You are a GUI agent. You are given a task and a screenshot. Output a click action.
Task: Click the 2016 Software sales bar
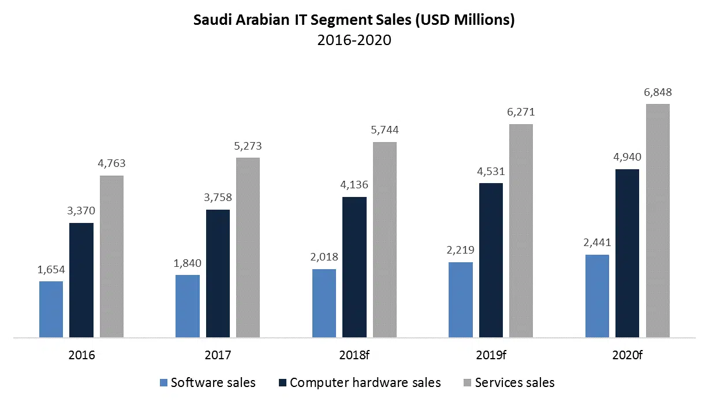click(51, 309)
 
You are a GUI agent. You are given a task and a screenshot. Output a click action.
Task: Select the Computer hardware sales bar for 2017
click(218, 273)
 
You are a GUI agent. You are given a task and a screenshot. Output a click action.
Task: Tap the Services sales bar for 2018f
click(385, 240)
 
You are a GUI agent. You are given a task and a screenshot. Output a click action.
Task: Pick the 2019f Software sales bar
click(460, 300)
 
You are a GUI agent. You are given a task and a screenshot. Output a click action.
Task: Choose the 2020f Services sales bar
click(658, 221)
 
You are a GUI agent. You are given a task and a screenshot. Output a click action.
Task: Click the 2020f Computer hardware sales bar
click(628, 253)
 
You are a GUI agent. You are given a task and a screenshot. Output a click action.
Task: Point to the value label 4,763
click(111, 163)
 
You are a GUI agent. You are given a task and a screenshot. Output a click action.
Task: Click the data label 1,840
click(188, 263)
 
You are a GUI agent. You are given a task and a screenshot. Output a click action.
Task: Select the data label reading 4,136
click(354, 185)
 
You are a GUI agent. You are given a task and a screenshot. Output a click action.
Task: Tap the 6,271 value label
click(521, 112)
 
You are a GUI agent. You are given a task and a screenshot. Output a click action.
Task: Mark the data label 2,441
click(597, 243)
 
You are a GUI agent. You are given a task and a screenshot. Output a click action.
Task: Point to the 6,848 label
click(658, 92)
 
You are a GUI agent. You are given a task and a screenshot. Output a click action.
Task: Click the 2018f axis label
click(354, 355)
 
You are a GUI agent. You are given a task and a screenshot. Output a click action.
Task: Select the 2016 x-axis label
click(81, 355)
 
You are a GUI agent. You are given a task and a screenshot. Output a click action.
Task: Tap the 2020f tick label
click(628, 355)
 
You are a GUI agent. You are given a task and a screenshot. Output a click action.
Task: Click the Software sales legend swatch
click(163, 383)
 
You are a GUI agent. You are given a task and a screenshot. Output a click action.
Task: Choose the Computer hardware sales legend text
click(365, 383)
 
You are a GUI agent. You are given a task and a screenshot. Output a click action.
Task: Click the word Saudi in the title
click(215, 21)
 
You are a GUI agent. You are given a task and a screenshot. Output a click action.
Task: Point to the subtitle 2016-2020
click(354, 40)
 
